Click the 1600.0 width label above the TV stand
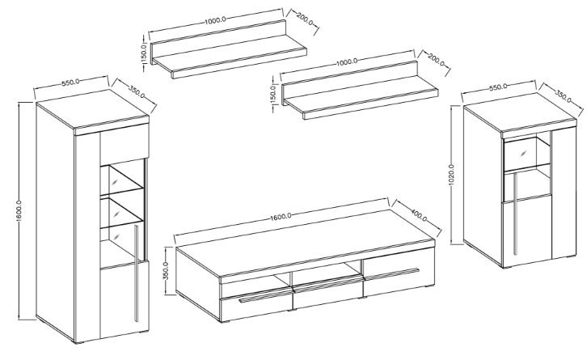[x=280, y=216]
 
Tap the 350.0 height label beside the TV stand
[x=167, y=270]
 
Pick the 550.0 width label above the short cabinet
[x=498, y=87]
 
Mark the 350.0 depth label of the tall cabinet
[x=137, y=91]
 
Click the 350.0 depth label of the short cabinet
[x=564, y=96]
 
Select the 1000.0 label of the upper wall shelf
[x=215, y=20]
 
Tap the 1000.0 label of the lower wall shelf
[x=347, y=61]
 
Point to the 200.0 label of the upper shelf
[x=304, y=19]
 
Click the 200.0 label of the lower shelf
[x=436, y=60]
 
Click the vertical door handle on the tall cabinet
[x=136, y=273]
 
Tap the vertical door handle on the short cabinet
[x=516, y=214]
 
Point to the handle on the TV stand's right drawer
[x=391, y=273]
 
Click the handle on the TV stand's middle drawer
[x=328, y=284]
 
